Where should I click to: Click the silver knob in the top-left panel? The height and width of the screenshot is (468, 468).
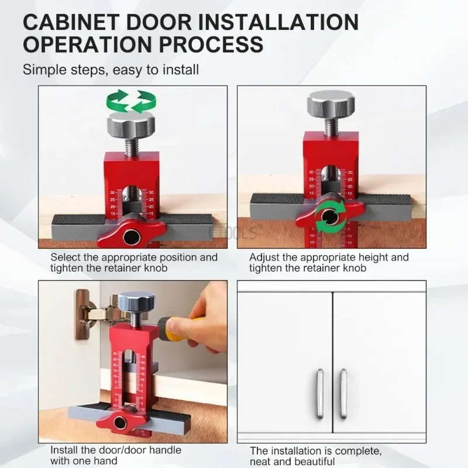pyautogui.click(x=130, y=124)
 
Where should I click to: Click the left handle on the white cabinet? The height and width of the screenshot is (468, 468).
pyautogui.click(x=319, y=394)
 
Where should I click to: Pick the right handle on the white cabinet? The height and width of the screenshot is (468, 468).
pyautogui.click(x=343, y=394)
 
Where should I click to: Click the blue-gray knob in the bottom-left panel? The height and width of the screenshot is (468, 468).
pyautogui.click(x=136, y=302)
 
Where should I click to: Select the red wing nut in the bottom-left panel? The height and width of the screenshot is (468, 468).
pyautogui.click(x=122, y=422)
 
